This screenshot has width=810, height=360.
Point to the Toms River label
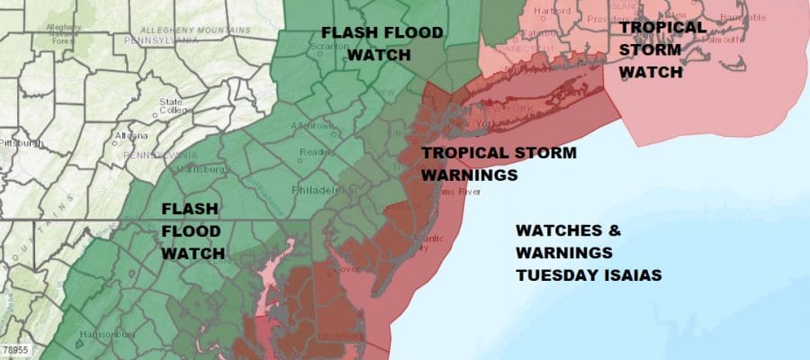tap(460, 192)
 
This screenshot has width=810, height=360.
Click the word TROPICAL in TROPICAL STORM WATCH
tap(661, 27)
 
